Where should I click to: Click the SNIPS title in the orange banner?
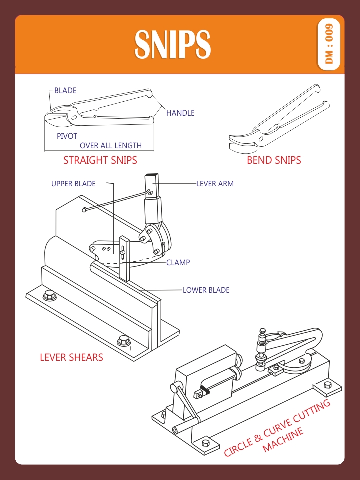click(x=172, y=44)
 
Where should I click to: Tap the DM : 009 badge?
click(x=329, y=44)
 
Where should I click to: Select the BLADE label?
click(x=65, y=91)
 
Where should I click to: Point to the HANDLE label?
click(x=180, y=113)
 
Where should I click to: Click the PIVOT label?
click(x=67, y=136)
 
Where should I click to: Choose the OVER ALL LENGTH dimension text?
click(x=111, y=145)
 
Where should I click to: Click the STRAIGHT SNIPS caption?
click(x=100, y=160)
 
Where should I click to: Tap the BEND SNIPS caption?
click(x=274, y=160)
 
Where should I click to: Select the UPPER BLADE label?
click(x=73, y=184)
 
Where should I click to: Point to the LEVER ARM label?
click(x=215, y=184)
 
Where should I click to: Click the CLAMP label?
click(x=178, y=262)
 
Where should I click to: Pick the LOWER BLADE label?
click(x=206, y=290)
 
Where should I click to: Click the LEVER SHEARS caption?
click(x=71, y=357)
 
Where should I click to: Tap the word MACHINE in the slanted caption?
click(x=283, y=440)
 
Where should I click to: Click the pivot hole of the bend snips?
click(x=261, y=139)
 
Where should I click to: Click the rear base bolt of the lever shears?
click(x=49, y=295)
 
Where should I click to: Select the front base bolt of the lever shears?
click(x=123, y=340)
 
